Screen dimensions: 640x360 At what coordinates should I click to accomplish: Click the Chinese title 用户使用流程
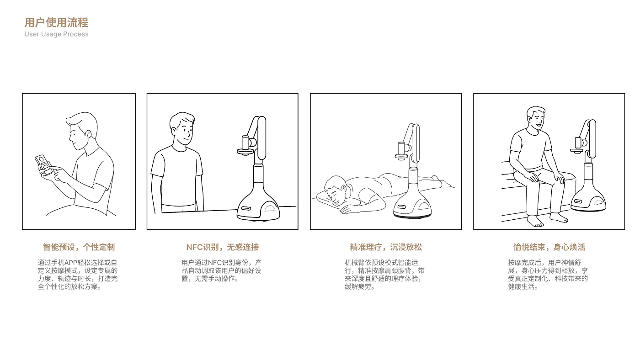point(56,22)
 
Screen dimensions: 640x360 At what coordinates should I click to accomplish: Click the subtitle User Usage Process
point(56,34)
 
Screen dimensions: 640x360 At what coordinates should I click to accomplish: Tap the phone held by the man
point(43,164)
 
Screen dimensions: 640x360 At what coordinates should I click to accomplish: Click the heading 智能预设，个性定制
point(79,247)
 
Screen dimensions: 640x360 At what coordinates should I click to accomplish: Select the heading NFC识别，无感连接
point(222,247)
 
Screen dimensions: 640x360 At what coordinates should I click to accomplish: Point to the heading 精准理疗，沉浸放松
point(386,247)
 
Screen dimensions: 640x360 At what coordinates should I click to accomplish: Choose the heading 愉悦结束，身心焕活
point(549,247)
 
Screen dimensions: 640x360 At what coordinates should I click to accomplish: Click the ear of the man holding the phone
point(88,134)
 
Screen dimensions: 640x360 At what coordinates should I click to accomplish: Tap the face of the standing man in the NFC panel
point(184,131)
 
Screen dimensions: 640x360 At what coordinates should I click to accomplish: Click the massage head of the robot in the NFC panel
point(245,146)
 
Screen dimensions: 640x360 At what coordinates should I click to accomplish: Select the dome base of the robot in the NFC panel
point(258,206)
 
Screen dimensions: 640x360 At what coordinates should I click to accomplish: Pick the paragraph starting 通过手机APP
point(77,275)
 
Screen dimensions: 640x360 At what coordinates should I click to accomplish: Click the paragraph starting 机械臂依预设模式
point(384,275)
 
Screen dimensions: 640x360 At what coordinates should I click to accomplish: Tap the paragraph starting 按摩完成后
point(548,275)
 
